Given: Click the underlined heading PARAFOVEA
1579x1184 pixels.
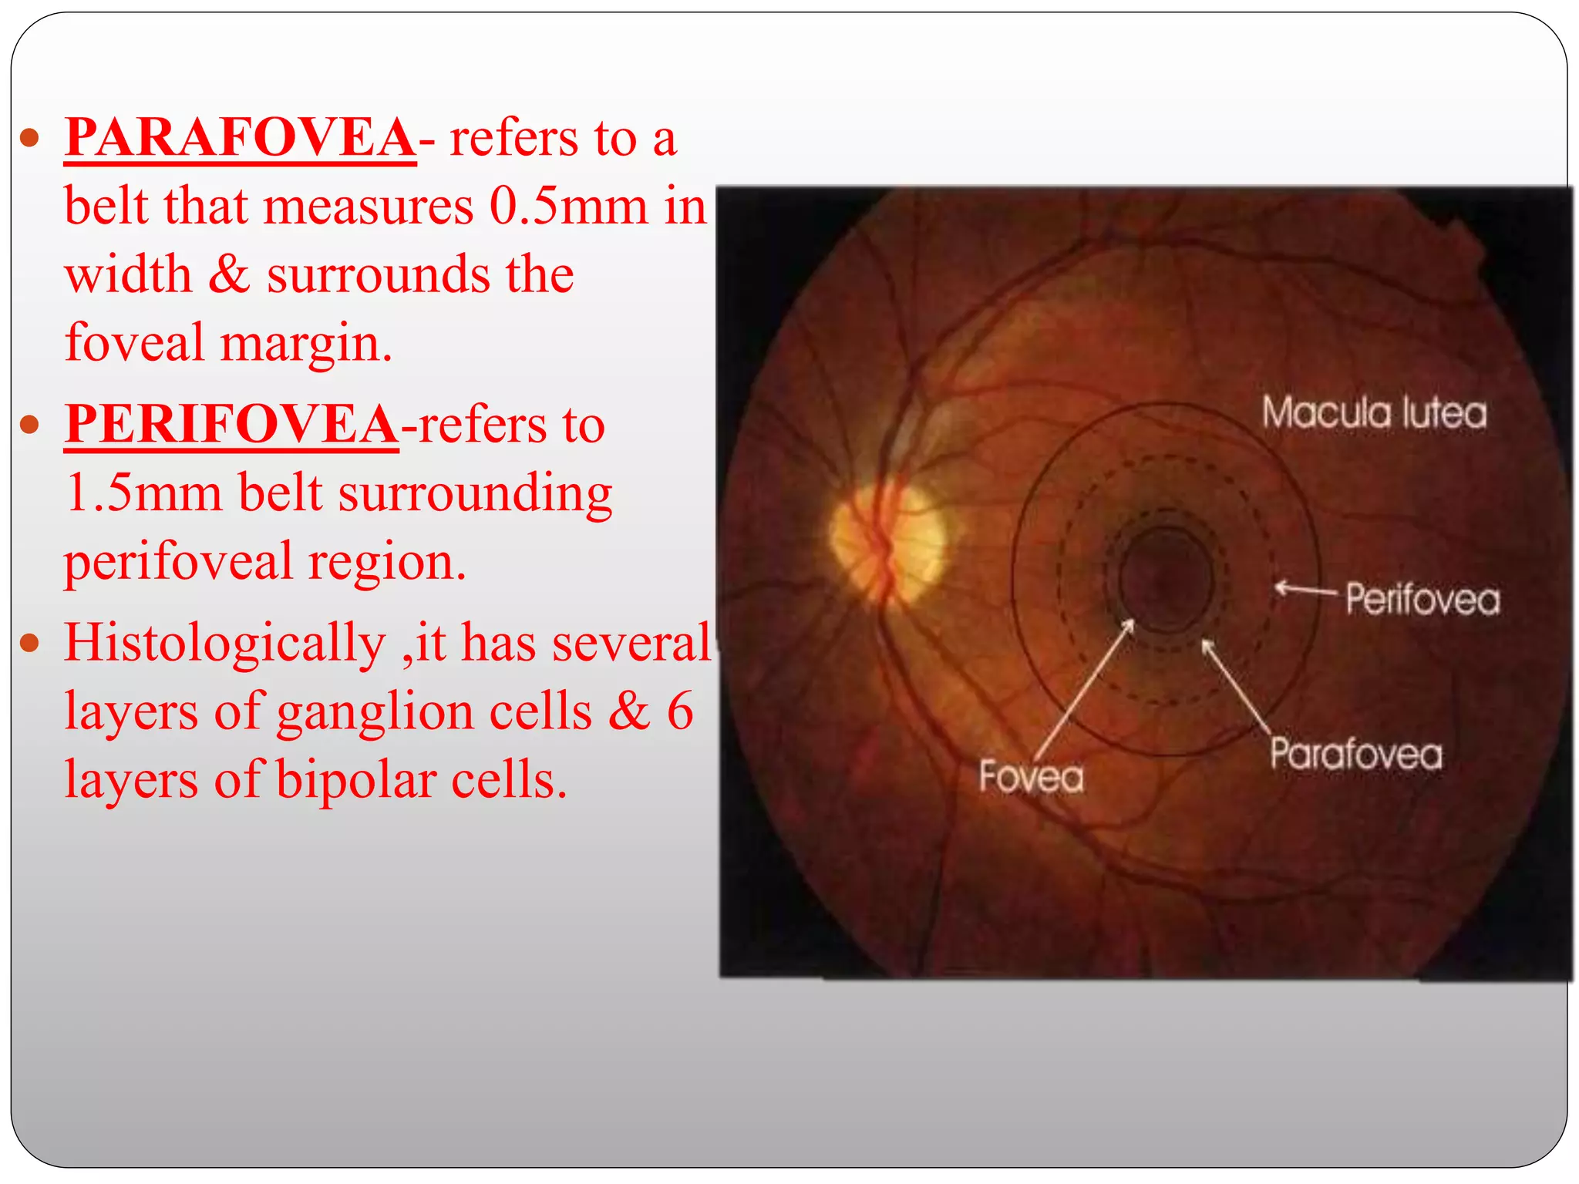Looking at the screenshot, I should coord(240,138).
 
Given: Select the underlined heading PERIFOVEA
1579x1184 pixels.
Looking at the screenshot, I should coord(231,424).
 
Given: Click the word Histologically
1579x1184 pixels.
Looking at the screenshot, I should coord(224,642).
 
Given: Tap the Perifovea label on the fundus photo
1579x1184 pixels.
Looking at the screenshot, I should coord(1423,599).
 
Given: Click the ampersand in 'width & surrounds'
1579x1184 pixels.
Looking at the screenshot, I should coord(229,274).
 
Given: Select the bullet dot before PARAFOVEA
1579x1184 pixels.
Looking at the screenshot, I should coord(29,139).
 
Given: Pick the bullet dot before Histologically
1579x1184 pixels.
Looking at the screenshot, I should coord(29,643).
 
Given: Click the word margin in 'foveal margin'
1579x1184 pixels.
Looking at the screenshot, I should coord(306,343).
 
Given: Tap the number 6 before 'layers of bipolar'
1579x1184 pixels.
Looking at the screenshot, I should coord(679,711).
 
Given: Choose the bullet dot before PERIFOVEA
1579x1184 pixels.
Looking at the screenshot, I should coord(29,425).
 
